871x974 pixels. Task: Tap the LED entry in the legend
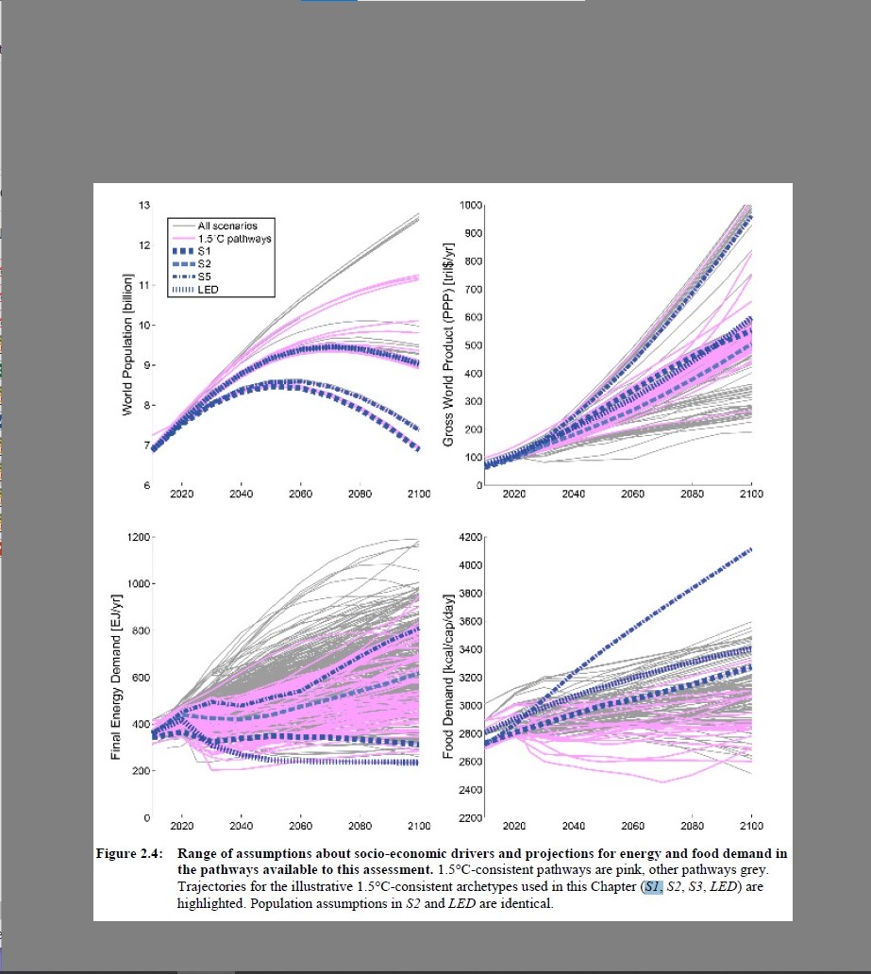coord(209,289)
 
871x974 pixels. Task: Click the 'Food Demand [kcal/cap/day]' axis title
coord(449,677)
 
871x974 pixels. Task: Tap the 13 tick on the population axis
coord(144,206)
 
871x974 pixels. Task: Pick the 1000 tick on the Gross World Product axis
coord(472,206)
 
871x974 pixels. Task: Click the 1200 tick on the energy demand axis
coord(140,537)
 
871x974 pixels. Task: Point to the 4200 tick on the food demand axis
coord(472,537)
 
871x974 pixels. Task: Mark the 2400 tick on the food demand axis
coord(472,790)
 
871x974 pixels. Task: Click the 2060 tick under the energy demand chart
coord(300,825)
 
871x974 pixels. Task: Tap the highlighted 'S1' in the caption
coord(653,887)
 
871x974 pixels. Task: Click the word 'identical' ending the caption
coord(530,903)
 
